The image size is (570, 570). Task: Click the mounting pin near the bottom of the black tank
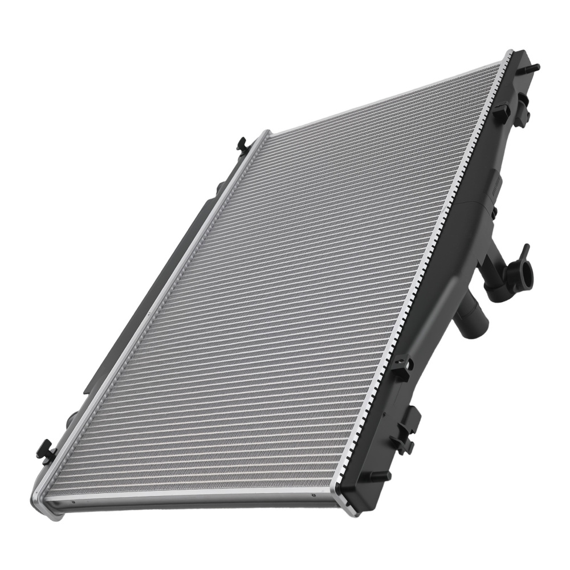pos(381,475)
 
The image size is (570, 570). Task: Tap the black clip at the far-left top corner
pos(242,145)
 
